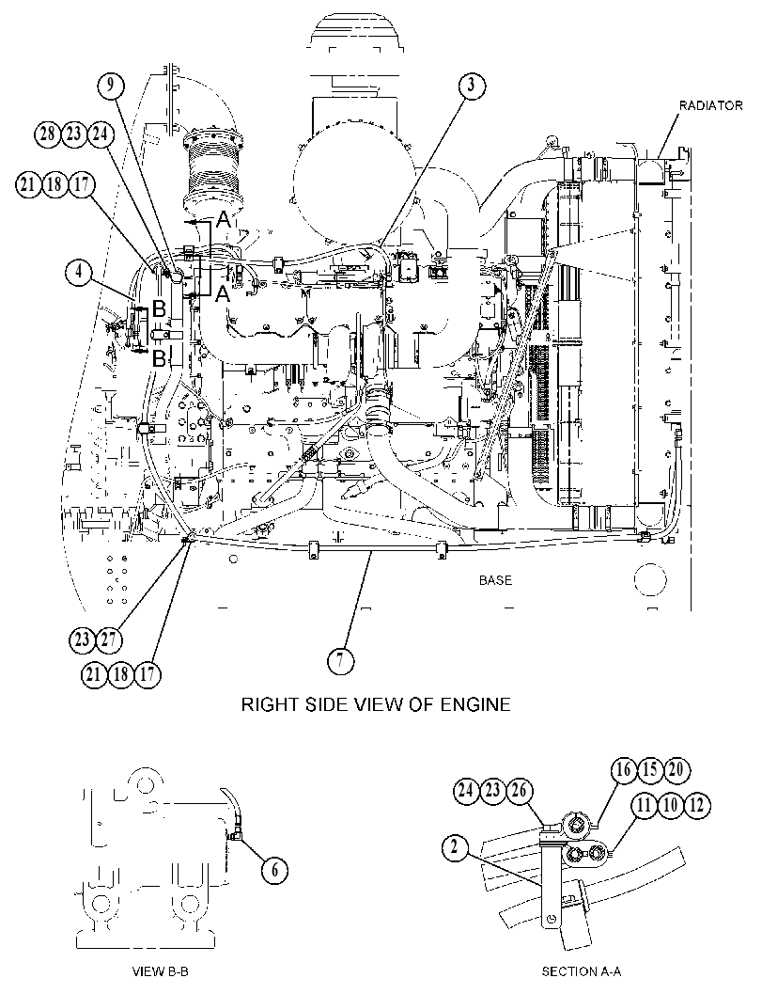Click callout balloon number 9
[x=112, y=86]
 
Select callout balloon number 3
[x=472, y=86]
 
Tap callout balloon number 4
[x=79, y=273]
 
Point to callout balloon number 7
[x=340, y=661]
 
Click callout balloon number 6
[x=274, y=870]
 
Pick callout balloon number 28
[x=47, y=134]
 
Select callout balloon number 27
[x=108, y=639]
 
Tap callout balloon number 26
[x=519, y=791]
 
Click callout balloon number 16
[x=624, y=769]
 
